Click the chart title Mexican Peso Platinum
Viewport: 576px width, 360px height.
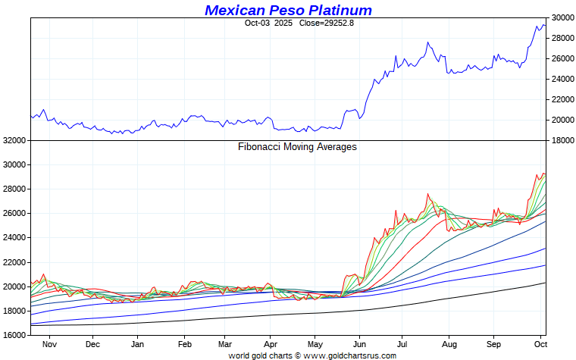click(288, 10)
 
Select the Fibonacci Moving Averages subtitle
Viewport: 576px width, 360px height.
click(297, 147)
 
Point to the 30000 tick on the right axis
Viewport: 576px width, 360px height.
click(561, 17)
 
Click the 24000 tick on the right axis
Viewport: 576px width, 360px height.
click(561, 79)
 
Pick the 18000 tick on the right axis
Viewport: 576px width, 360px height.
click(561, 140)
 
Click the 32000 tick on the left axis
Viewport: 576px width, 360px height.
click(15, 140)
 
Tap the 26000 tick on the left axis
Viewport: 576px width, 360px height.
click(15, 213)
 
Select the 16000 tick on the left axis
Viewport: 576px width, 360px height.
click(15, 335)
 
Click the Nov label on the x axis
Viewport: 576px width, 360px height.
click(49, 343)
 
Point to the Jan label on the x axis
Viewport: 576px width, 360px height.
click(138, 343)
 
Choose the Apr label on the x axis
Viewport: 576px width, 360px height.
click(271, 343)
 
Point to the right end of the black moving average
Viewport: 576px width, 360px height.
click(545, 283)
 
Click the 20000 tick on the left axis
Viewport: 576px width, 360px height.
click(15, 286)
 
